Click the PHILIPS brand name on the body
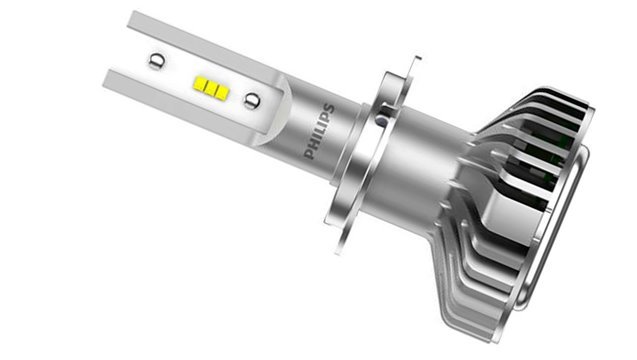[320, 132]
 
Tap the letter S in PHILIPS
[329, 109]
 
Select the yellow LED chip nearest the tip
[200, 83]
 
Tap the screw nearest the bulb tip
[156, 61]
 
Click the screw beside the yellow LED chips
[251, 100]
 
